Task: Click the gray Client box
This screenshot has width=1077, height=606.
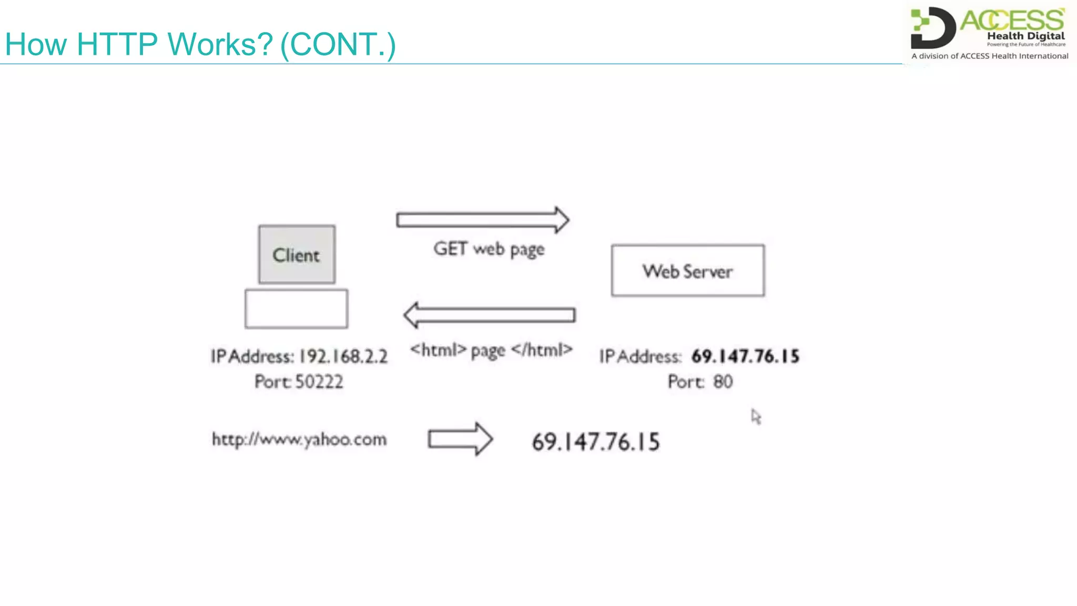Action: coord(297,255)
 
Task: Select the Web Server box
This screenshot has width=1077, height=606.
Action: coord(687,270)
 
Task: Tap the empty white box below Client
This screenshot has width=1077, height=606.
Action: coord(296,309)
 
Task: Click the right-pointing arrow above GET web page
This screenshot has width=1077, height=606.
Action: coord(482,220)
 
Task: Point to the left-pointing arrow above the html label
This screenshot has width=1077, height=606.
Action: coord(489,315)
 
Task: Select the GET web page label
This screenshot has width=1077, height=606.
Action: coord(489,249)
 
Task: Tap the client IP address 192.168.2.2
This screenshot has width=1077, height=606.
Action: coord(343,357)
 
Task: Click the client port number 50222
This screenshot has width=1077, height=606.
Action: coord(319,381)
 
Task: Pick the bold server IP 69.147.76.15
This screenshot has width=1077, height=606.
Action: coord(745,356)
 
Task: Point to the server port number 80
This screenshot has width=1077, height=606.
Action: coord(723,381)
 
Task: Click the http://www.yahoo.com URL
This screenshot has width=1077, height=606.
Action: coord(299,439)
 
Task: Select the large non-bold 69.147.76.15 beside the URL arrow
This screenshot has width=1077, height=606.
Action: coord(595,442)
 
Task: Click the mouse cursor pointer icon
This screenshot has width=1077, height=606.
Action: coord(756,417)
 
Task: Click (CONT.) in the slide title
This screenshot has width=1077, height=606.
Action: coord(338,44)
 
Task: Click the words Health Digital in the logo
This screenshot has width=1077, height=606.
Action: coord(1025,36)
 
